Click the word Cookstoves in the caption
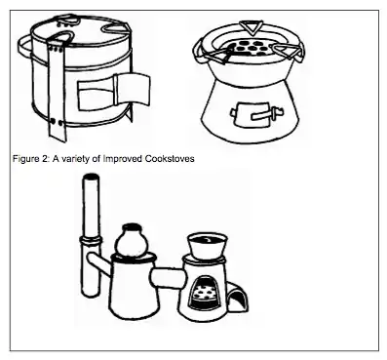click(170, 159)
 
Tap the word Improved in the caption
click(123, 159)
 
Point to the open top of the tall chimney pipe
click(91, 178)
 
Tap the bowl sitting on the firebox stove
click(207, 246)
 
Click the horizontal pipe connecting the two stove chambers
click(168, 278)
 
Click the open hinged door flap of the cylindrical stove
click(133, 88)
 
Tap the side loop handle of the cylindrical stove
click(25, 48)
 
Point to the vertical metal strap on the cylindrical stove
click(58, 91)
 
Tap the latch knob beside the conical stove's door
click(278, 113)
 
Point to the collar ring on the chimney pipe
click(90, 241)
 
